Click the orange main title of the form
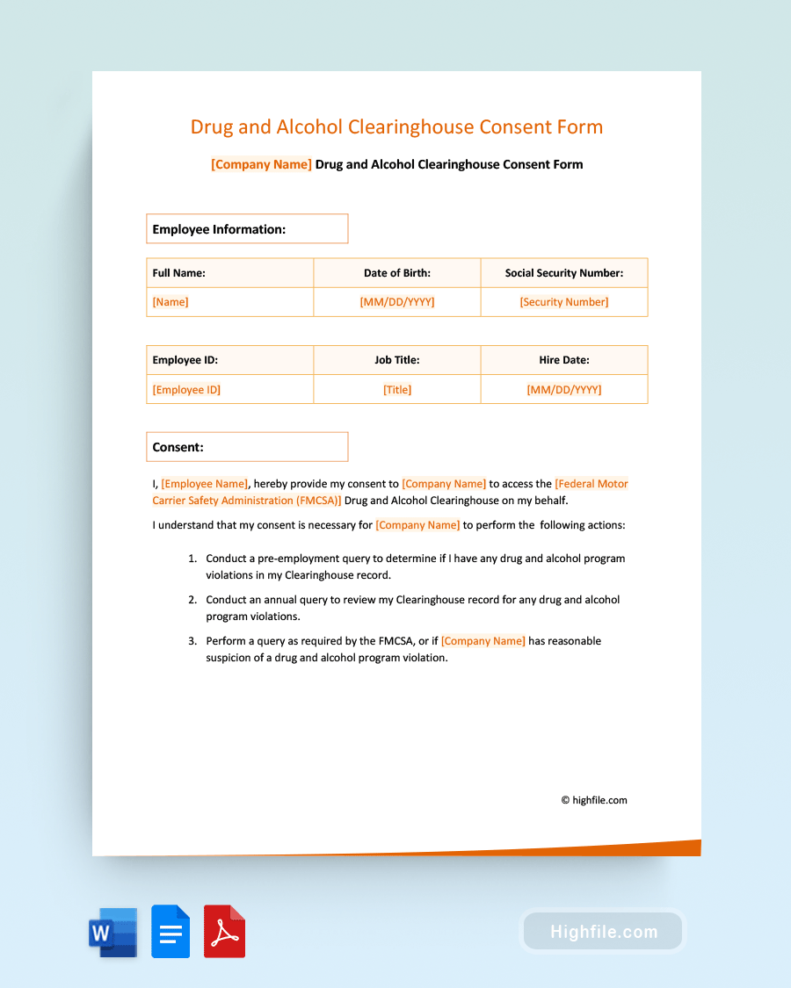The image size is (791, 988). (396, 126)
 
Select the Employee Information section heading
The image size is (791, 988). (219, 229)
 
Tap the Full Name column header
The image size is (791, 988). (179, 273)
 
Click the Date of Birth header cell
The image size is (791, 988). (397, 273)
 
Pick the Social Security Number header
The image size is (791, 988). (563, 273)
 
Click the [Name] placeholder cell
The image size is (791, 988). (171, 302)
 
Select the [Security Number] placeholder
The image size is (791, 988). (563, 302)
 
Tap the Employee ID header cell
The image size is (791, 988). (185, 360)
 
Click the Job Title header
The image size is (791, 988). (397, 360)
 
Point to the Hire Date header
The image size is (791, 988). (563, 360)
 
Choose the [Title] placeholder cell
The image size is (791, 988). (397, 390)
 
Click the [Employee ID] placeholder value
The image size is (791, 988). (186, 390)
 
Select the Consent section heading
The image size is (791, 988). (178, 447)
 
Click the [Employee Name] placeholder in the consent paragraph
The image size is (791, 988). (205, 484)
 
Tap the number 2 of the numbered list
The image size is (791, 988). (192, 600)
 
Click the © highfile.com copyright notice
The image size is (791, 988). (594, 800)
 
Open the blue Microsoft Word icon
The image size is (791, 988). (112, 932)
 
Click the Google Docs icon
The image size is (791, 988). (171, 932)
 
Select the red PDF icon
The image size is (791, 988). (224, 932)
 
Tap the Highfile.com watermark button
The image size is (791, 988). (604, 932)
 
